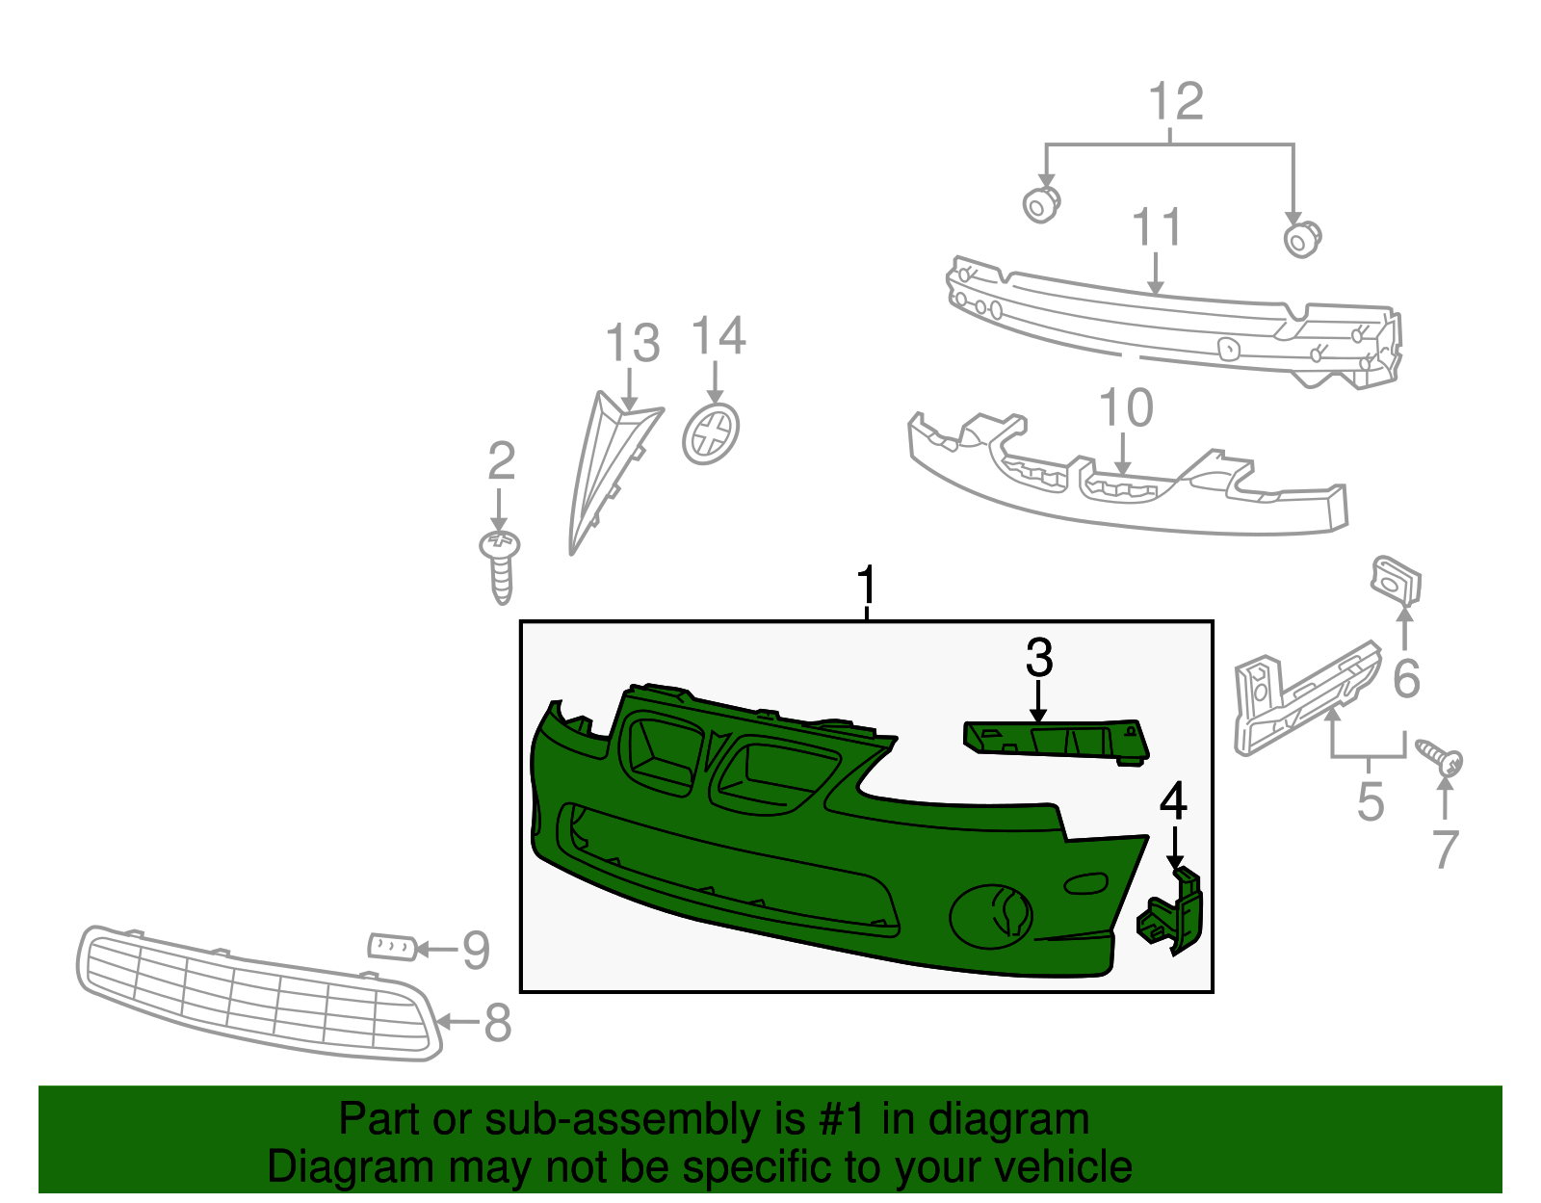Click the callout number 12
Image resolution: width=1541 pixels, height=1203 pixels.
click(x=1176, y=102)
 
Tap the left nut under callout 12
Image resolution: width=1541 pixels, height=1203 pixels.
click(x=1040, y=204)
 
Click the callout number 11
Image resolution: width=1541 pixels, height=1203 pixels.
click(x=1156, y=228)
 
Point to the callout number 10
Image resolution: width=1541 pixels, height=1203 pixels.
click(x=1125, y=408)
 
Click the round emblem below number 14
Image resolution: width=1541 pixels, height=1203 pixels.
click(x=711, y=434)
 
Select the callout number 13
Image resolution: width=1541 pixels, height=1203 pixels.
click(x=633, y=344)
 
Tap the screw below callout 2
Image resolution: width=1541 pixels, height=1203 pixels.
click(x=500, y=565)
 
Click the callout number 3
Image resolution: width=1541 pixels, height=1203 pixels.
click(x=1038, y=659)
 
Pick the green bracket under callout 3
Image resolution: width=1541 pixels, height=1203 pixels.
click(x=1058, y=742)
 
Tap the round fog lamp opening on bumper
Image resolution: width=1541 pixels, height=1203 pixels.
click(x=992, y=916)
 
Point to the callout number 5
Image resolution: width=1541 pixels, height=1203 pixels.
click(x=1370, y=801)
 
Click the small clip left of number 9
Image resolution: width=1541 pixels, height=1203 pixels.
click(x=392, y=946)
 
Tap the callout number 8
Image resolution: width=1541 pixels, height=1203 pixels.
click(x=497, y=1023)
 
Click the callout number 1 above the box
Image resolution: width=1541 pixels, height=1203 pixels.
click(x=867, y=586)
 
